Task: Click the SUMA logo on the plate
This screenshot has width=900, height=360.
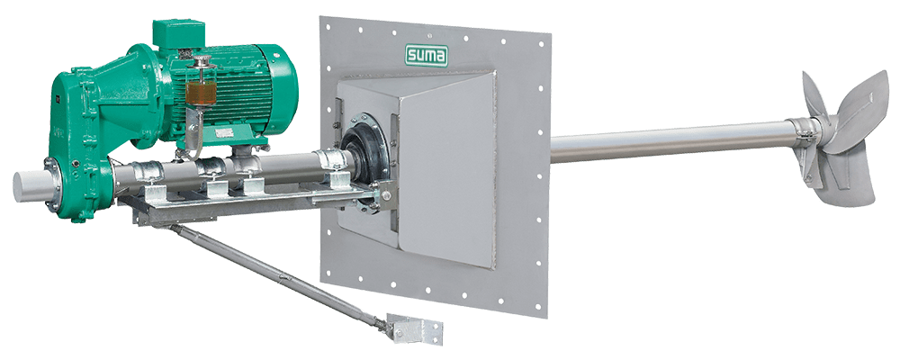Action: pos(436,58)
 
